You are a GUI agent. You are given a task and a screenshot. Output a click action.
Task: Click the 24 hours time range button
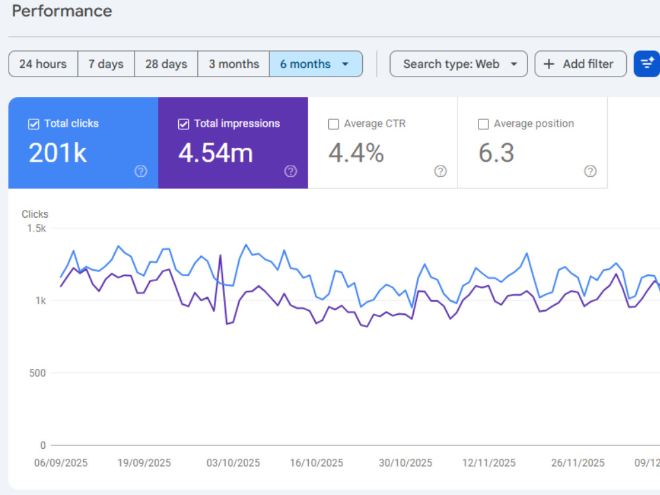(43, 64)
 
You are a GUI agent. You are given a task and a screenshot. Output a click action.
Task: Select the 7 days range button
(106, 64)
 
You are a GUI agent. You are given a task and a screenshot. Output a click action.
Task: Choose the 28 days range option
(166, 64)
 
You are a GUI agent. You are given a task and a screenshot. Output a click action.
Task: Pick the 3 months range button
(234, 64)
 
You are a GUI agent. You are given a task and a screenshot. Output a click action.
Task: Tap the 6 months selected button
(315, 64)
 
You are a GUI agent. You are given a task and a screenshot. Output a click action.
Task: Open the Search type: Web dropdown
(459, 64)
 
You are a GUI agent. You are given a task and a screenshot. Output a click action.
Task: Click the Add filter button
(580, 64)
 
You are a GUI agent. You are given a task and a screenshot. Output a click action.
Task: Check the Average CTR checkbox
(333, 124)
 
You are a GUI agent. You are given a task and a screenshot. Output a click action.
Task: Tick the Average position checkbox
(483, 124)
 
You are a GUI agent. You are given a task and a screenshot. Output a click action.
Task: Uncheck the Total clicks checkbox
(34, 124)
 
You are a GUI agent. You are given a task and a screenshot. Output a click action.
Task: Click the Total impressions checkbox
(183, 124)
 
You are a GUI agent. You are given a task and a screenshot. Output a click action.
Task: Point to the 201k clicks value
(57, 152)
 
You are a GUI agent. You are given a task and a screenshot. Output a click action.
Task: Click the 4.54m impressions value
(216, 152)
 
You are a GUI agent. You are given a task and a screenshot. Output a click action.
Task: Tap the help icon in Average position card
(590, 172)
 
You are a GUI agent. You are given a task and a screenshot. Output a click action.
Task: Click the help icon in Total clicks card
(141, 172)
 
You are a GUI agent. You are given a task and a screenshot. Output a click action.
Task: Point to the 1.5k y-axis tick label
(36, 228)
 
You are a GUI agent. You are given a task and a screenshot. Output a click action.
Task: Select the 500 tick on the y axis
(38, 373)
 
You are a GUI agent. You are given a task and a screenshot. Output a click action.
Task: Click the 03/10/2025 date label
(233, 463)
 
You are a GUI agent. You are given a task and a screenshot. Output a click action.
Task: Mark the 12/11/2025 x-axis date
(488, 463)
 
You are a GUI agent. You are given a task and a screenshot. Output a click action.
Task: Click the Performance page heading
(62, 11)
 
